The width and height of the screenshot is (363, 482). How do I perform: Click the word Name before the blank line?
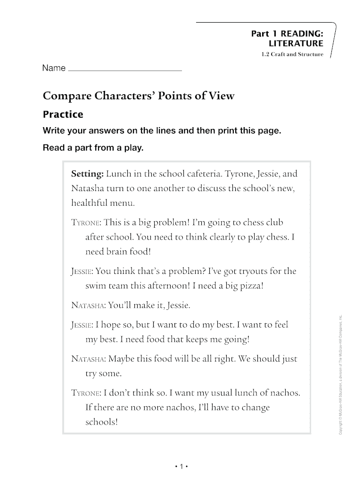[54, 68]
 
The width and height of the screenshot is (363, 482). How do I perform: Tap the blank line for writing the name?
[125, 70]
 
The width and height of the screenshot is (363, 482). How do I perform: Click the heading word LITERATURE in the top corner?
[296, 43]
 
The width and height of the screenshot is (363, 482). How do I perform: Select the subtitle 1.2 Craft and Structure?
[292, 55]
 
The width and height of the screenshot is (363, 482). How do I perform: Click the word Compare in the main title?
[69, 96]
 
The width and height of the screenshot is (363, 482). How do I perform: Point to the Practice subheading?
[63, 114]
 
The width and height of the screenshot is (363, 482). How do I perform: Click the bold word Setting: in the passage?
[87, 174]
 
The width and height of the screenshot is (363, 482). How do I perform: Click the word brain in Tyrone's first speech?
[118, 252]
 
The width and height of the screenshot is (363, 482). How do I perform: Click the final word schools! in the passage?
[101, 422]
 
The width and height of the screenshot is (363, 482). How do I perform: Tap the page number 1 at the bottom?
[181, 466]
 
